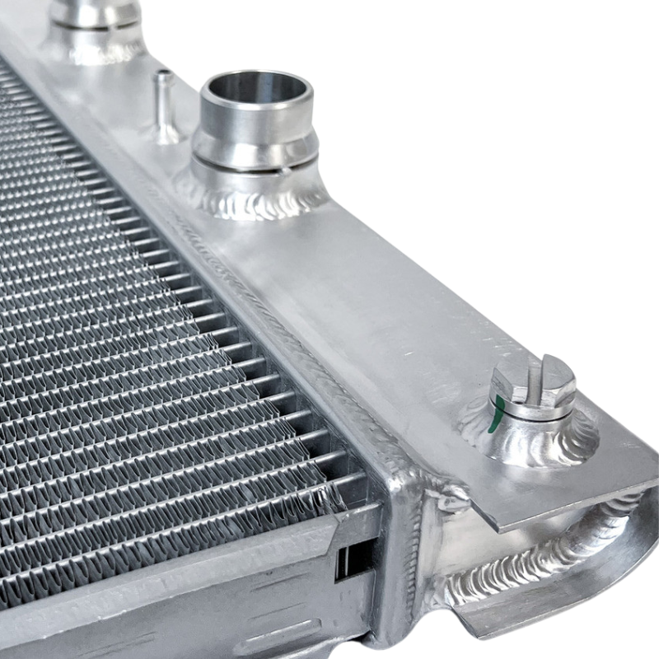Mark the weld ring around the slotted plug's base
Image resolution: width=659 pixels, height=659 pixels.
click(527, 441)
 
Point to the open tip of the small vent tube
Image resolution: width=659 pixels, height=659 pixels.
click(164, 75)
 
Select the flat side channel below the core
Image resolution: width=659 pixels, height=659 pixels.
click(206, 593)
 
